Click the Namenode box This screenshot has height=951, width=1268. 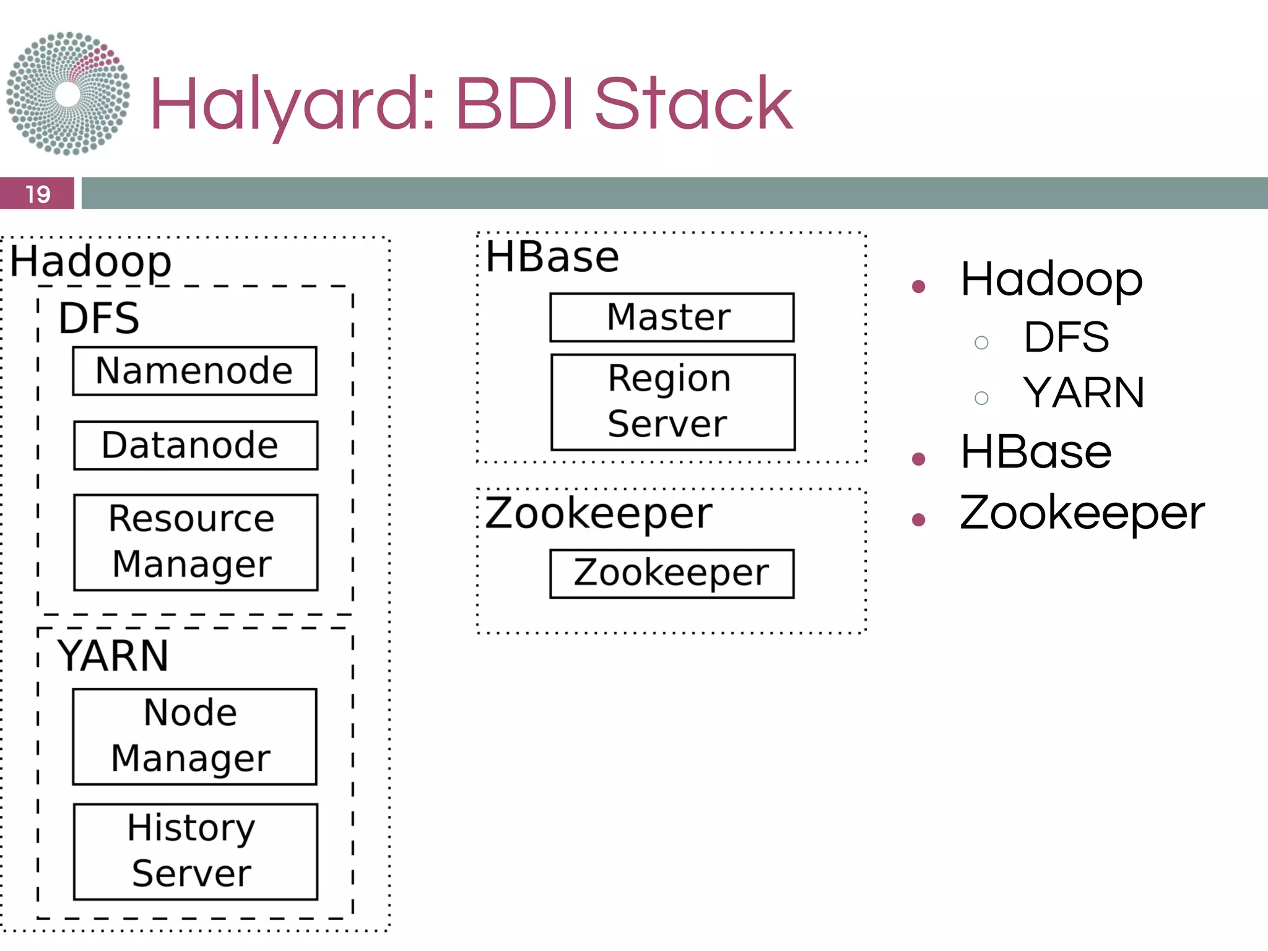point(194,371)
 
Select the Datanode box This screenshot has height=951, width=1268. point(196,445)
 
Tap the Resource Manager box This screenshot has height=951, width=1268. point(196,542)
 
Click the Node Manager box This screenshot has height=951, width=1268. point(194,736)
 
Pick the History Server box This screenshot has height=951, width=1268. point(196,851)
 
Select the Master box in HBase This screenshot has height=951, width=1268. point(672,317)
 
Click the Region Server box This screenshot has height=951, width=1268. point(673,402)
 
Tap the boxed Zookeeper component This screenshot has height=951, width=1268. point(672,573)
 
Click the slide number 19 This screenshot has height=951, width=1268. point(37,194)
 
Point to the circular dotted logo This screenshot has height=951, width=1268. point(68,93)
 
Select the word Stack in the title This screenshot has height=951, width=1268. point(693,104)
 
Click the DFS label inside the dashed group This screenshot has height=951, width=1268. point(99,318)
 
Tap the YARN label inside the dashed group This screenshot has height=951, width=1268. point(113,656)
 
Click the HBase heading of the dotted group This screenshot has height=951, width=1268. point(552,256)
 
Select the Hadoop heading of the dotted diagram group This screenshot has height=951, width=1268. point(90,261)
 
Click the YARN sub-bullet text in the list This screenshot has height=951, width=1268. point(1083,393)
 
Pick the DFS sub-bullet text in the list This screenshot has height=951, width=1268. point(1066,337)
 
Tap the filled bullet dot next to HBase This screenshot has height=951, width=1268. point(918,459)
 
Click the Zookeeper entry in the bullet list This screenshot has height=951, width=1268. point(1082,513)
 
